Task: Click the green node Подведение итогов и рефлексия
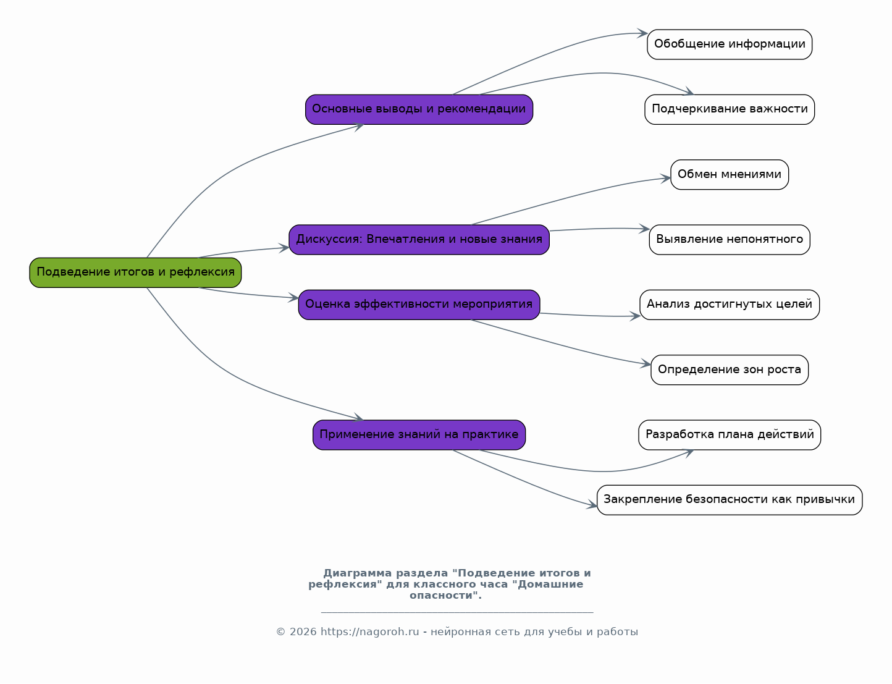pos(135,272)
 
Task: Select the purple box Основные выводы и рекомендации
pos(419,109)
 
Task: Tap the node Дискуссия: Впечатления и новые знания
pos(419,240)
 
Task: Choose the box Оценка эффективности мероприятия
pos(419,305)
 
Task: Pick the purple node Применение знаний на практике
pos(419,435)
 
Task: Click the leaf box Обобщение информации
pos(730,44)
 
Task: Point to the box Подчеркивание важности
pos(730,109)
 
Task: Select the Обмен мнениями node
pos(730,175)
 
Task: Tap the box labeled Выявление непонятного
pos(730,240)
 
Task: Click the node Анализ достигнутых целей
pos(730,305)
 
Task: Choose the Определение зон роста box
pos(730,370)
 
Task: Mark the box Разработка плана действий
pos(730,435)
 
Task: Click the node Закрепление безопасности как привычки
pos(730,500)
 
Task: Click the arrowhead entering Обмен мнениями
pos(666,178)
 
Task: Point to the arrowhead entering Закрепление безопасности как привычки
pos(592,505)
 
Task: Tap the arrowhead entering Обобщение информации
pos(642,33)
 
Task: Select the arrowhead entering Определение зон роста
pos(646,363)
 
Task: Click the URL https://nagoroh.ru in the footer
pos(369,632)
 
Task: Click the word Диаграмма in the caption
pos(357,573)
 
